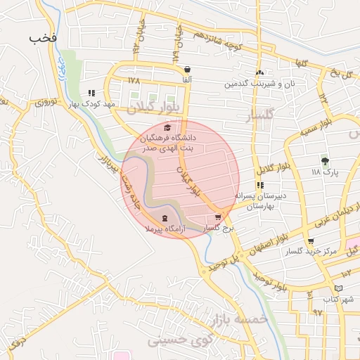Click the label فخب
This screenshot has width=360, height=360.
pos(42,37)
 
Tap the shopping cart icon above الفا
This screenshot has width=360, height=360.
pos(187,70)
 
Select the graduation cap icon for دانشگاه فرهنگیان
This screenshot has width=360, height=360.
pos(167,127)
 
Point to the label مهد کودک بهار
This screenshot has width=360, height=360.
pos(91,103)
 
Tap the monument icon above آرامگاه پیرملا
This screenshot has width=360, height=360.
pos(165,218)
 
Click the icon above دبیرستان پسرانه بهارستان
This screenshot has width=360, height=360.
pos(260,186)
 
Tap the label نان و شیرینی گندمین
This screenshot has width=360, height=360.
pos(257,84)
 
